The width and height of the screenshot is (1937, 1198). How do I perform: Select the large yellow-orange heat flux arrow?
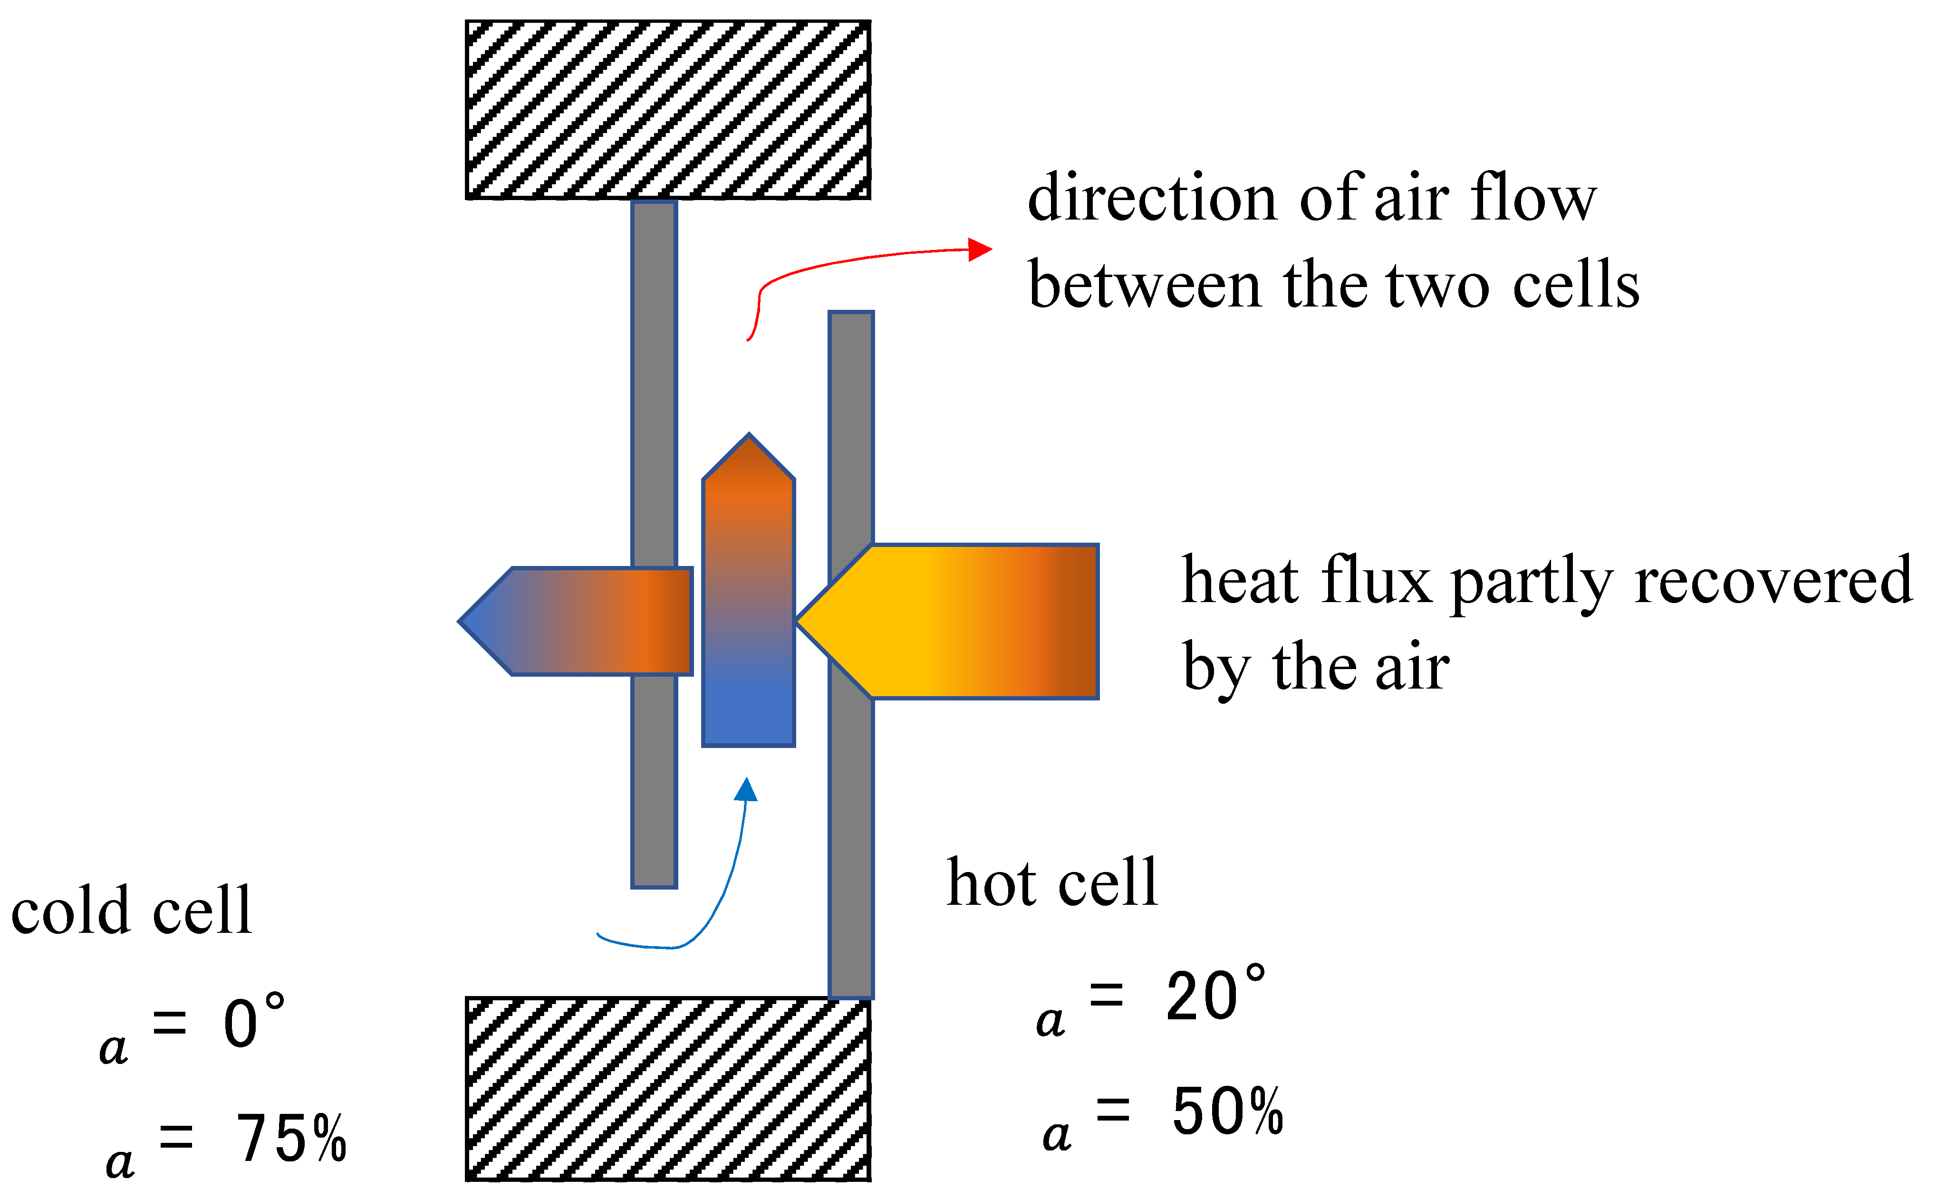(x=967, y=621)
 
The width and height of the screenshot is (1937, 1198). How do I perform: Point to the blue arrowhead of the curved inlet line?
(x=746, y=790)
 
